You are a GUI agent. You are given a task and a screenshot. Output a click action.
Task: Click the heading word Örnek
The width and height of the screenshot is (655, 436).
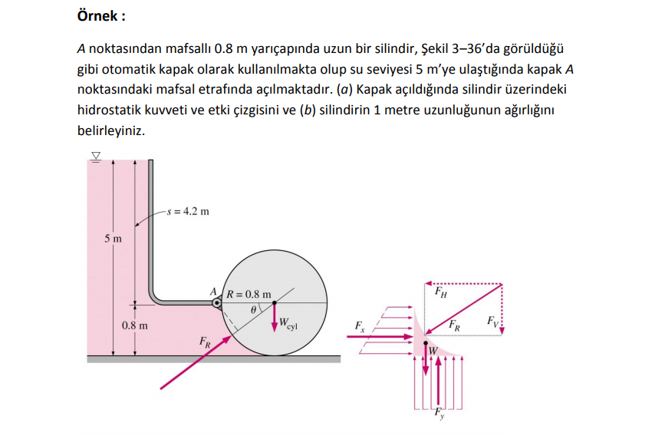coord(101,15)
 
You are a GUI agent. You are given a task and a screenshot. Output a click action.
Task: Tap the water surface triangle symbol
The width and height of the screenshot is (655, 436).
coord(96,156)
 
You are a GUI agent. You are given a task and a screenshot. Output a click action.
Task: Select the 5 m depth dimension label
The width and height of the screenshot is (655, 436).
coord(112,239)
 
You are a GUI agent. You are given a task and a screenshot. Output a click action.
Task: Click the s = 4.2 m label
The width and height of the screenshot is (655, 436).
coord(188,211)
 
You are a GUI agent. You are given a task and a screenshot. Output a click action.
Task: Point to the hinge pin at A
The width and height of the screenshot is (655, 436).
coord(217,302)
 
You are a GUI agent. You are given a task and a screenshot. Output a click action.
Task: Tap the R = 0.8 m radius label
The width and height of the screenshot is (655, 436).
coord(249,294)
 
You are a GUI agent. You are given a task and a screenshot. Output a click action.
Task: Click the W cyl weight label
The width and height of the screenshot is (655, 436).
coord(288,323)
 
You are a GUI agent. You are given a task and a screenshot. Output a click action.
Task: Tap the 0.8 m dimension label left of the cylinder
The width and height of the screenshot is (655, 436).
coord(135,325)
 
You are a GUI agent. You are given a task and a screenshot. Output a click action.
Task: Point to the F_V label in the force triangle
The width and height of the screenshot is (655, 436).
coord(492,319)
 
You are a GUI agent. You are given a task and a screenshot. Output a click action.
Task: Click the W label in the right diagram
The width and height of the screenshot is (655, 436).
coord(433,351)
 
